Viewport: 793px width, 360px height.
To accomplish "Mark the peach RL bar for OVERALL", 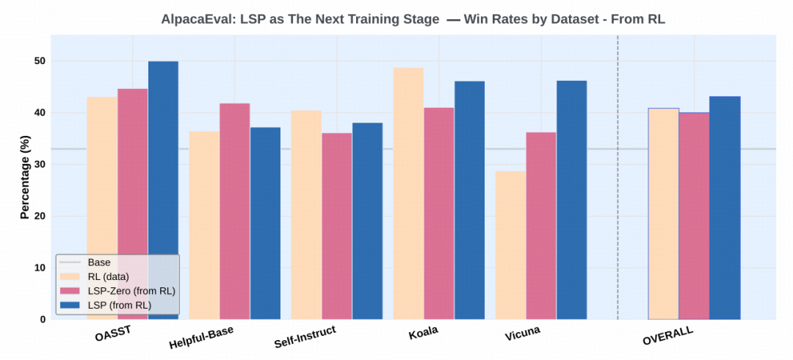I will coord(664,213).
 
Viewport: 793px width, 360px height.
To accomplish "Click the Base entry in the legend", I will coord(98,262).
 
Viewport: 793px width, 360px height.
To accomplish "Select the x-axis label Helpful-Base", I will coord(201,337).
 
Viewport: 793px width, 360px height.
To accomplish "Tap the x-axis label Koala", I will coord(424,331).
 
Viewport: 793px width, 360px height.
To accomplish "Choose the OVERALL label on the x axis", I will coord(667,336).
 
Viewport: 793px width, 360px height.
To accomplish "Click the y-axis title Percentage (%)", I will coord(25,177).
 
